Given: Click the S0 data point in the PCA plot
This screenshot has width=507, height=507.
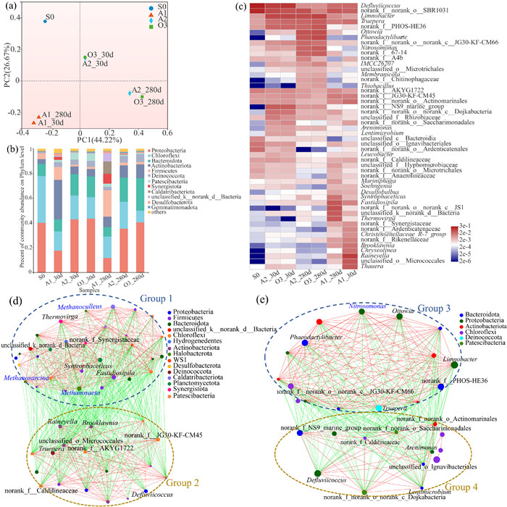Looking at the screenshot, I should [x=45, y=21].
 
